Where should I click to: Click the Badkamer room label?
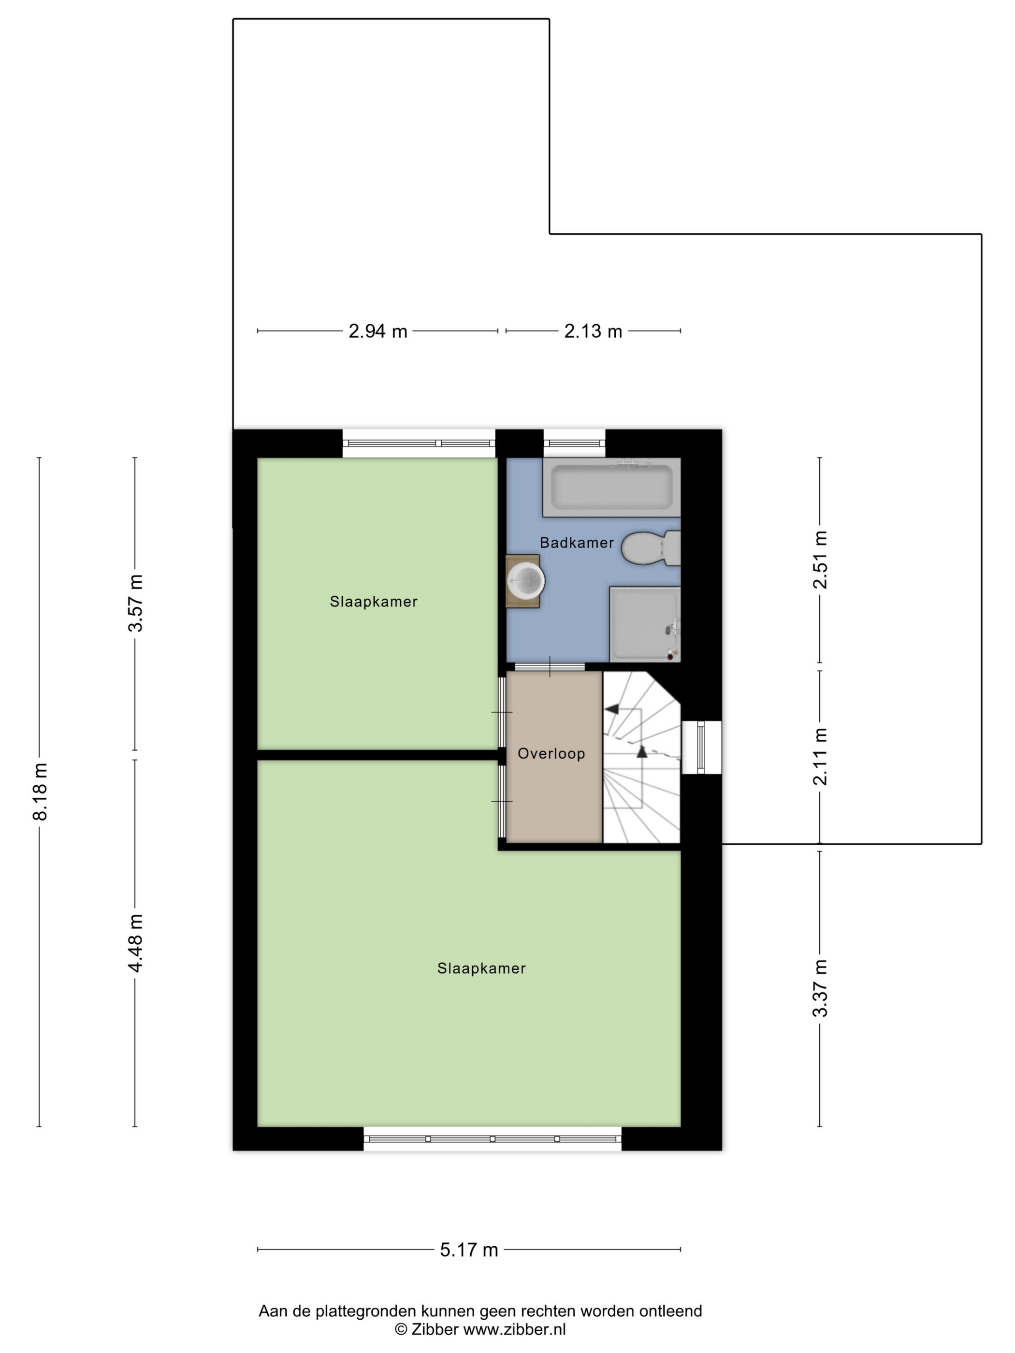click(576, 543)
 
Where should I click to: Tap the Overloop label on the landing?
click(551, 753)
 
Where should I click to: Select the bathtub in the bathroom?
click(611, 488)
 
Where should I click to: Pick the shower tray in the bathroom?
click(645, 624)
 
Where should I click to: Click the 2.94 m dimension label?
click(377, 331)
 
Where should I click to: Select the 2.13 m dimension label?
click(593, 331)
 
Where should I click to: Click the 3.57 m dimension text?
click(135, 603)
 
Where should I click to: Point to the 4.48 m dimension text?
click(135, 943)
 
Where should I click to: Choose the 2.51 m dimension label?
click(820, 560)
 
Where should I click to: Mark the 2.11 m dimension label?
click(820, 757)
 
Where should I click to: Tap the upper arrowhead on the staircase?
click(611, 709)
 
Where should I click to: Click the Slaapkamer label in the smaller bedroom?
click(373, 602)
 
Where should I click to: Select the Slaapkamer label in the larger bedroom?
click(481, 968)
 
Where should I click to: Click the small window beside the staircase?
click(701, 747)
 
